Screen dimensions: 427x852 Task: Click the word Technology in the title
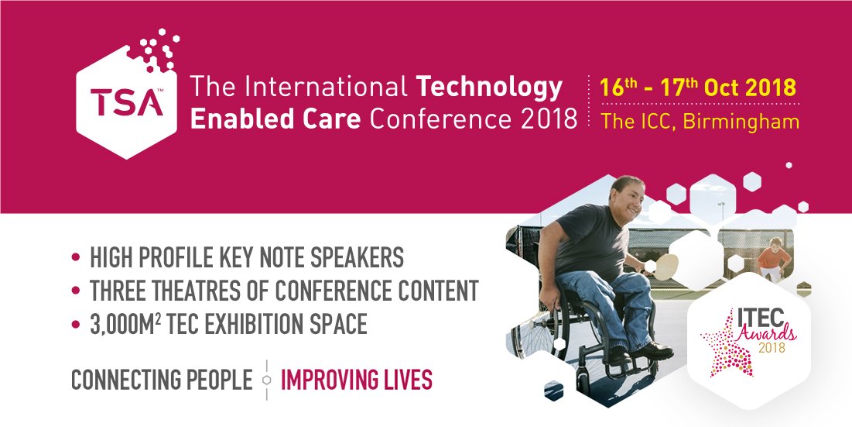point(490,88)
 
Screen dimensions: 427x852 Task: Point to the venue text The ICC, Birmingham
point(700,122)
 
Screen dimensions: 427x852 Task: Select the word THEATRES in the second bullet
point(189,291)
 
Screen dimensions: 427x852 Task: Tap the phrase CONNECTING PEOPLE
point(162,381)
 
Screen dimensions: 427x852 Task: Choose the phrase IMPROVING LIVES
point(356,381)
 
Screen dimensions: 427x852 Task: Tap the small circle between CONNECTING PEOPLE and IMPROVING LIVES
point(267,381)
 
